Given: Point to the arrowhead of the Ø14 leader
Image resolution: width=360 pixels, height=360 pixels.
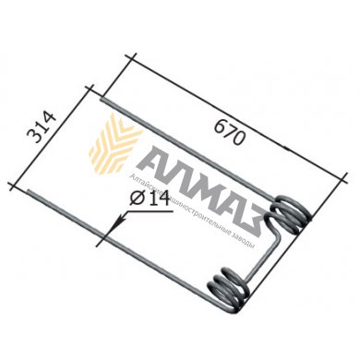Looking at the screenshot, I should tap(113, 222).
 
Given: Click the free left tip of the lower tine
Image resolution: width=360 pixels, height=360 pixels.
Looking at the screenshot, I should tap(31, 193).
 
